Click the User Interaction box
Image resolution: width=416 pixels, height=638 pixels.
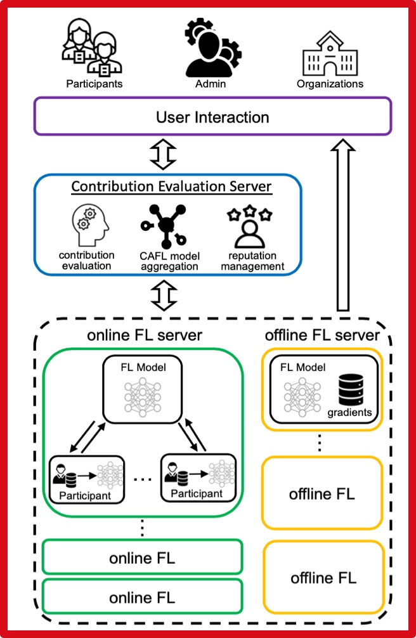212,117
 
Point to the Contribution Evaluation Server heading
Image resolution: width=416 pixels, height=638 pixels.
171,186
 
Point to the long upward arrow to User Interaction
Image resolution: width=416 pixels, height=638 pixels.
342,225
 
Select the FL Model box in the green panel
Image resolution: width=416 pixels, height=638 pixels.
142,389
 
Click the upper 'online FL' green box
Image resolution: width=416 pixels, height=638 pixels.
142,558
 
